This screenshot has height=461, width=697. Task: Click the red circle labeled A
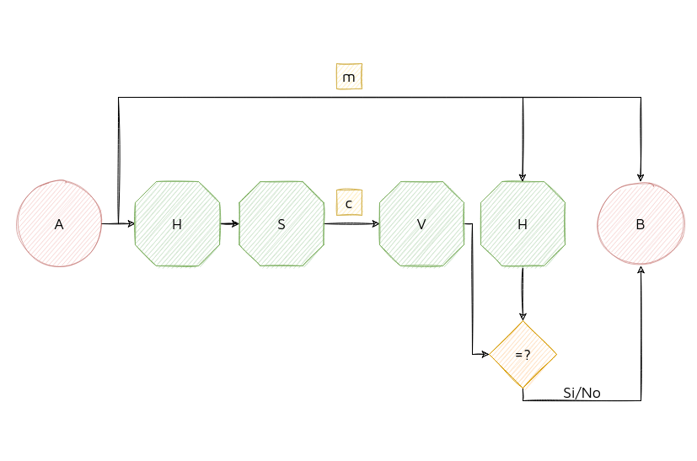pyautogui.click(x=60, y=223)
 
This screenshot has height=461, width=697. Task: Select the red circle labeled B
pyautogui.click(x=641, y=223)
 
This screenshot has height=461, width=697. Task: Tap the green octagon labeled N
pyautogui.click(x=177, y=223)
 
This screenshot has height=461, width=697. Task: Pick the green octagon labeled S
pyautogui.click(x=281, y=223)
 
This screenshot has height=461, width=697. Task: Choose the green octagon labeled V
pyautogui.click(x=421, y=223)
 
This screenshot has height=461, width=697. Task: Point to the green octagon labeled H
pyautogui.click(x=523, y=223)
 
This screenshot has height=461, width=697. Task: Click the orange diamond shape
pyautogui.click(x=523, y=355)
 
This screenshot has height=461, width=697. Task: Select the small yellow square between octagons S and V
pyautogui.click(x=349, y=202)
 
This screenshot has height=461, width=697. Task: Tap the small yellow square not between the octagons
pyautogui.click(x=349, y=77)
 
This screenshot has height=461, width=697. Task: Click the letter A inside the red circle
pyautogui.click(x=59, y=224)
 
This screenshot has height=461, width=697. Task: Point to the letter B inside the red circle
pyautogui.click(x=641, y=224)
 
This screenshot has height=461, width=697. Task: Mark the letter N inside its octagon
pyautogui.click(x=176, y=223)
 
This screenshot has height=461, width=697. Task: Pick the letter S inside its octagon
pyautogui.click(x=281, y=224)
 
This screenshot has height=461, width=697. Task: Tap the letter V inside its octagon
pyautogui.click(x=421, y=224)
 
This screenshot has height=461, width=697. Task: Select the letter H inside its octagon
pyautogui.click(x=523, y=224)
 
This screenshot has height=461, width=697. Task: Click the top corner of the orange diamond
pyautogui.click(x=523, y=322)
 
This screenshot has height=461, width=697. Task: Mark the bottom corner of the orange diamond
pyautogui.click(x=523, y=389)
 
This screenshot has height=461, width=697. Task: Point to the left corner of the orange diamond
pyautogui.click(x=491, y=355)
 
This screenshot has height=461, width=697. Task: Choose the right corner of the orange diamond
pyautogui.click(x=556, y=355)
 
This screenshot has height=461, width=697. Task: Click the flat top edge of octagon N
pyautogui.click(x=177, y=181)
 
